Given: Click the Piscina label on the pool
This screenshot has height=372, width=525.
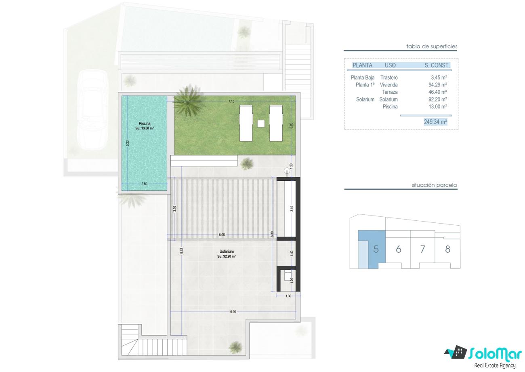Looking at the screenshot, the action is [145, 123].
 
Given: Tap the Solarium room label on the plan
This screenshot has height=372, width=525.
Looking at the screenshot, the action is [227, 252].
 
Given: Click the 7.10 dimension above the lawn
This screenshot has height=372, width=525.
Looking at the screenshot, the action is [231, 101].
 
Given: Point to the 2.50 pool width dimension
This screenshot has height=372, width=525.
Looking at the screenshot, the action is [145, 184].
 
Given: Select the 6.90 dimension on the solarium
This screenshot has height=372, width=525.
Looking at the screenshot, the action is [233, 312].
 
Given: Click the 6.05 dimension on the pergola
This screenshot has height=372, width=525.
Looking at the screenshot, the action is [222, 235].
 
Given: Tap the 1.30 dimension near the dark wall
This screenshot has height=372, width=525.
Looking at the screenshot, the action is [288, 296].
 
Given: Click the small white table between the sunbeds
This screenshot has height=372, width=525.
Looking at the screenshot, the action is [261, 123].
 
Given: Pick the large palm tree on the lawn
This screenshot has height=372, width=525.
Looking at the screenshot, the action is [188, 101].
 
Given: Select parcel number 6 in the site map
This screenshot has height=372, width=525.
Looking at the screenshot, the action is [399, 249].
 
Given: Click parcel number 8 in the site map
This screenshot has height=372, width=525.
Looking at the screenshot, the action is [447, 249].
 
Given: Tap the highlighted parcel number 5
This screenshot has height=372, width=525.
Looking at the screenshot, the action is [376, 249].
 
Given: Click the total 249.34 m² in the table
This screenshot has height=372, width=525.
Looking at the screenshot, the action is [435, 122].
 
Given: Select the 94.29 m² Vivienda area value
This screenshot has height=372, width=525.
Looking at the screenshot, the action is [438, 85].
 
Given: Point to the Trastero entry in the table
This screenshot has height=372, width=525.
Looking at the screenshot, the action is [389, 78].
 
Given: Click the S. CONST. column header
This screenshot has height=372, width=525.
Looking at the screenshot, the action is [437, 65].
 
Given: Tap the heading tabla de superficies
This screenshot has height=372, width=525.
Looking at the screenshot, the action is [432, 46].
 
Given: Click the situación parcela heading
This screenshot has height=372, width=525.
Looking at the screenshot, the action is [434, 185].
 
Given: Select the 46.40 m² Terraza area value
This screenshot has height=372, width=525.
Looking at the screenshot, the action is [438, 92].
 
